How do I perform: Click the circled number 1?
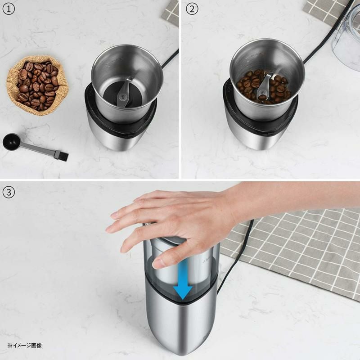pyautogui.click(x=9, y=9)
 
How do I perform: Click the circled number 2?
pyautogui.click(x=192, y=9)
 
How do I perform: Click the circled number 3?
pyautogui.click(x=9, y=192)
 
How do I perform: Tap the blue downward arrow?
pyautogui.click(x=183, y=281)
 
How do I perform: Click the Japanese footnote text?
pyautogui.click(x=25, y=346)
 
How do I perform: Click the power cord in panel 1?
pyautogui.click(x=169, y=59)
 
